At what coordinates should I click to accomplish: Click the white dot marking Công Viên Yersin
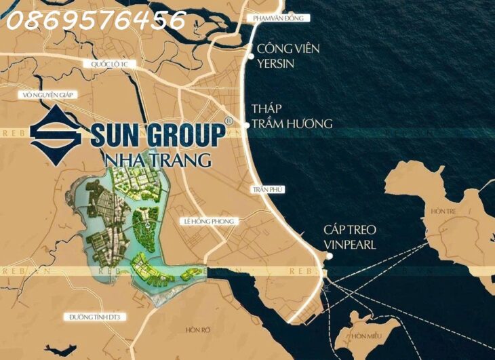click(252, 57)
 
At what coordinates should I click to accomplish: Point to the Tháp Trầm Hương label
click(292, 116)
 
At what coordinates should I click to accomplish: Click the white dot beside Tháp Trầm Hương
click(246, 115)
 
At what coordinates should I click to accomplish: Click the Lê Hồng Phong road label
click(208, 222)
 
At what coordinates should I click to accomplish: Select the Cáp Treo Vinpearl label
click(350, 237)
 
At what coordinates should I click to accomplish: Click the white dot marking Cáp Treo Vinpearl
click(328, 256)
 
